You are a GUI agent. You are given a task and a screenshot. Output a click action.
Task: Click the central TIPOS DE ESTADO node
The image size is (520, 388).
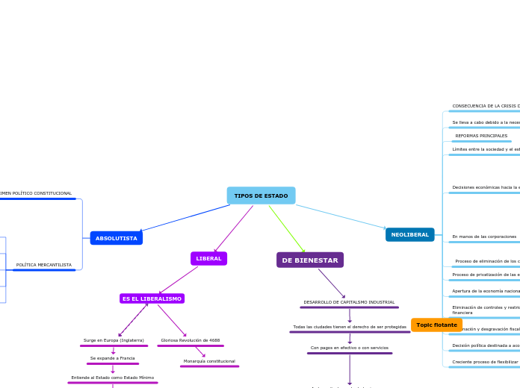click(261, 195)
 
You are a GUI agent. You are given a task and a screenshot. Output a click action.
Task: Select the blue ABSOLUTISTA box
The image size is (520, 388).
click(116, 238)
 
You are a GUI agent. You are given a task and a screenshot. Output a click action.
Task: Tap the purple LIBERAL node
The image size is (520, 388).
click(208, 258)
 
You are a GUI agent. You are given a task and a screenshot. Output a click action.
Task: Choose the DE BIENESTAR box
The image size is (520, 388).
click(310, 260)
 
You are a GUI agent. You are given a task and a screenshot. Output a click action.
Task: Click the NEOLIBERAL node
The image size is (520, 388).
click(409, 234)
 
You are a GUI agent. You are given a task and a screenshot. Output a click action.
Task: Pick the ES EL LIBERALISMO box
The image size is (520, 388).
click(152, 298)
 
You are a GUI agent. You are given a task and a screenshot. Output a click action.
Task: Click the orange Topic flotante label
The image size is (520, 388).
click(436, 325)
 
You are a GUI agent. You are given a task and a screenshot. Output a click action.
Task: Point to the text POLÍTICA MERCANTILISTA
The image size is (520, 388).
click(44, 265)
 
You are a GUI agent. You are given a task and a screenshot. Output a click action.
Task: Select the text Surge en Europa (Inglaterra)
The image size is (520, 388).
click(114, 340)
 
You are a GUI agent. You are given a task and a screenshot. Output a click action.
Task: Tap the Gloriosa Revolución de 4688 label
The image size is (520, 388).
click(191, 340)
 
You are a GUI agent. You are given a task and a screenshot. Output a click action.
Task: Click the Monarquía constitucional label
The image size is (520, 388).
click(209, 361)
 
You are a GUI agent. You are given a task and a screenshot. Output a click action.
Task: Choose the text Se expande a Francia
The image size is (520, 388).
click(113, 358)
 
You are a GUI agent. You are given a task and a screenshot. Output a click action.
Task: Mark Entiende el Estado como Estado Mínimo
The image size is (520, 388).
click(113, 378)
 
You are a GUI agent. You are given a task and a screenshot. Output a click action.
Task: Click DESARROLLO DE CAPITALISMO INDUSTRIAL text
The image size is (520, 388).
click(349, 302)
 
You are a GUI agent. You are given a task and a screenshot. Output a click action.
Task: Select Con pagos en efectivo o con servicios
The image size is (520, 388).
click(350, 348)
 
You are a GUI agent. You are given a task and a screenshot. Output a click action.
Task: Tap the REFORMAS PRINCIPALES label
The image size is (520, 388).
click(481, 136)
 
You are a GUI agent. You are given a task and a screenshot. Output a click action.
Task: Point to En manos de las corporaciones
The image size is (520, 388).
click(484, 237)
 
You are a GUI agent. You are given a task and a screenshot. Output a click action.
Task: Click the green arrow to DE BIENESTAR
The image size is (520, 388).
click(288, 230)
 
